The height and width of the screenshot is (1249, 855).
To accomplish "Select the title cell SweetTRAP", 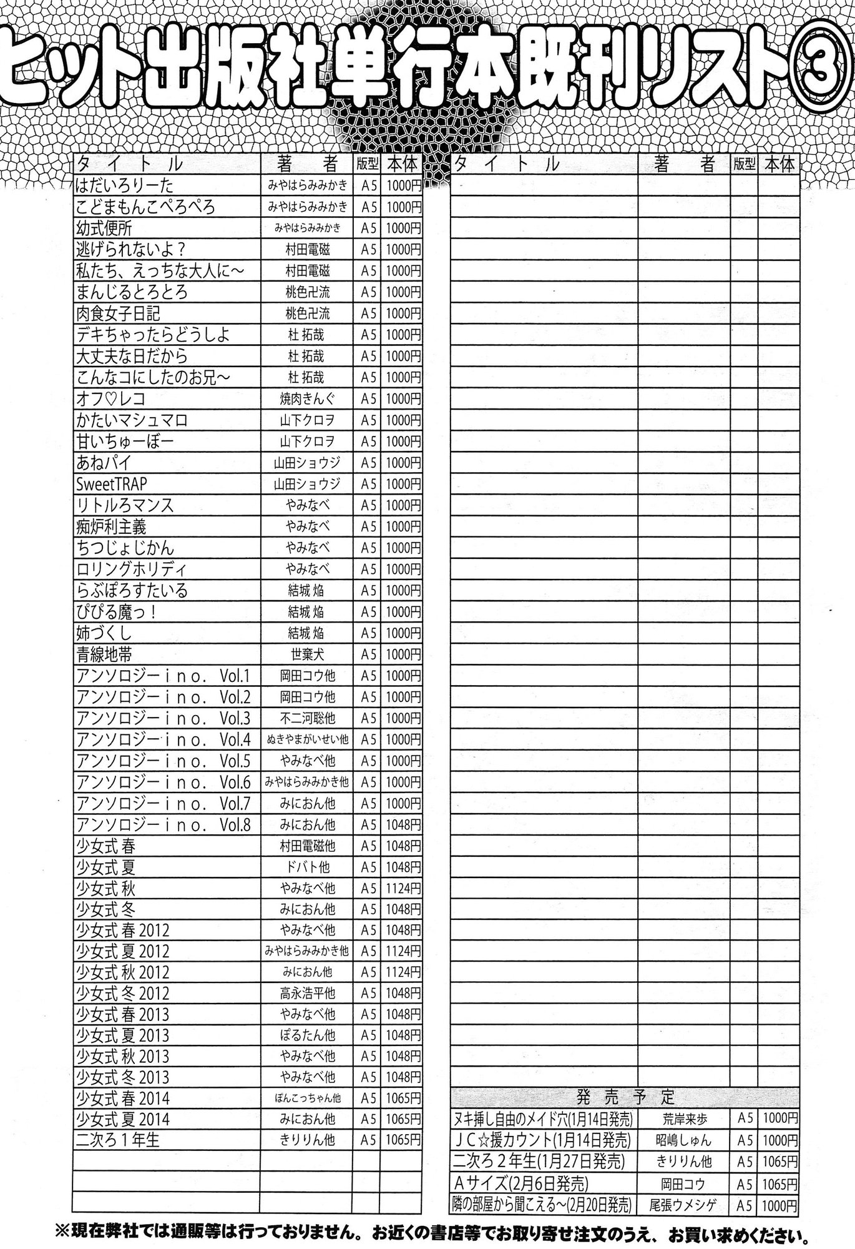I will pyautogui.click(x=112, y=484).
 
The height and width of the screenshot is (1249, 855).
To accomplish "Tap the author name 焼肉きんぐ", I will pyautogui.click(x=306, y=399).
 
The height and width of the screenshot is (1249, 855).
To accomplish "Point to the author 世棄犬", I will pyautogui.click(x=306, y=654).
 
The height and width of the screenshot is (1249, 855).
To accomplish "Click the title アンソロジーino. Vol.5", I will pyautogui.click(x=163, y=761).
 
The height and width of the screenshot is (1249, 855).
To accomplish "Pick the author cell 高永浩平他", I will pyautogui.click(x=306, y=993).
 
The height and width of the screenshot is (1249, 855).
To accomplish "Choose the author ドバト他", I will pyautogui.click(x=306, y=867).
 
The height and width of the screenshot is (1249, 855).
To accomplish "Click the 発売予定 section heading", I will pyautogui.click(x=625, y=1096).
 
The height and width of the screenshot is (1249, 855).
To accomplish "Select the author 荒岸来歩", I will pyautogui.click(x=685, y=1118).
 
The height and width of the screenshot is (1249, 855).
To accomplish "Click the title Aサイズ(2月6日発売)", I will pyautogui.click(x=520, y=1183).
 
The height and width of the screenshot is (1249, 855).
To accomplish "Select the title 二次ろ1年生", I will pyautogui.click(x=118, y=1140).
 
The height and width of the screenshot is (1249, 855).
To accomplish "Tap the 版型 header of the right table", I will pyautogui.click(x=744, y=164).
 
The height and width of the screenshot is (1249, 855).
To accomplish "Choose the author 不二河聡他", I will pyautogui.click(x=306, y=718).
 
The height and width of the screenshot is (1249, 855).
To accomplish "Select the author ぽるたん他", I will pyautogui.click(x=306, y=1035).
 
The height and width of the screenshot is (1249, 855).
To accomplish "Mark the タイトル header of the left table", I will pyautogui.click(x=130, y=164).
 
